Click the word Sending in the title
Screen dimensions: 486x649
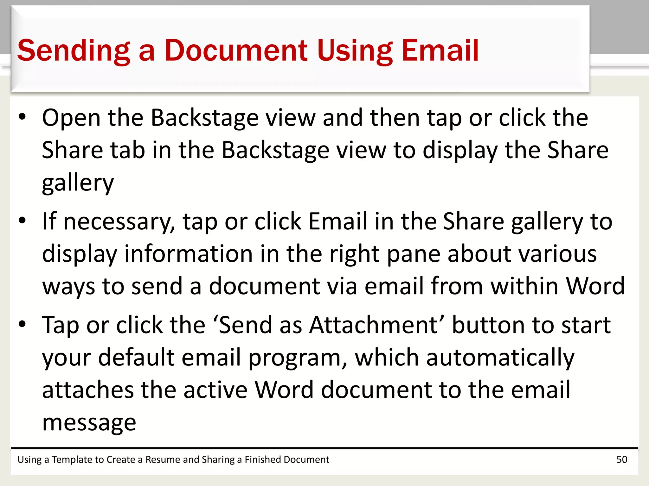[x=74, y=51]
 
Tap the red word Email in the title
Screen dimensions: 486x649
[x=440, y=51]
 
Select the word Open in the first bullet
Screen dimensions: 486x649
[x=71, y=118]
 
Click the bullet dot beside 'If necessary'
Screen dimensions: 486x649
[x=22, y=221]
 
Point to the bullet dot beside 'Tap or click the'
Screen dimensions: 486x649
[x=22, y=324]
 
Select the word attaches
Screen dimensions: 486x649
[x=88, y=390]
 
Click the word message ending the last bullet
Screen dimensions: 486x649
[x=89, y=423]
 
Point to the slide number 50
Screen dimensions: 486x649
[x=622, y=459]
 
